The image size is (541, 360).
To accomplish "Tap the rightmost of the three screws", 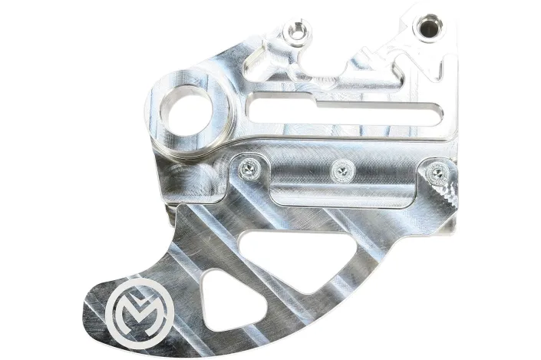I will [x=437, y=170].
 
